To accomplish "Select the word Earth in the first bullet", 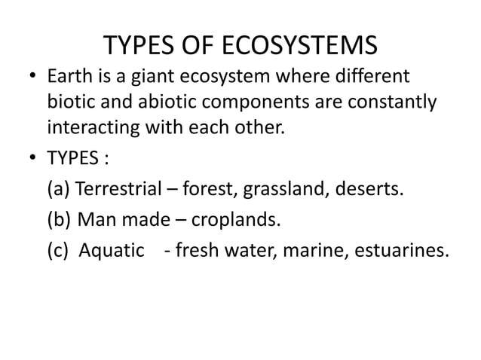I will click(x=72, y=78).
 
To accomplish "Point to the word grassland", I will click(x=282, y=188).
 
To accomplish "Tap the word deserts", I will click(x=369, y=188).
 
